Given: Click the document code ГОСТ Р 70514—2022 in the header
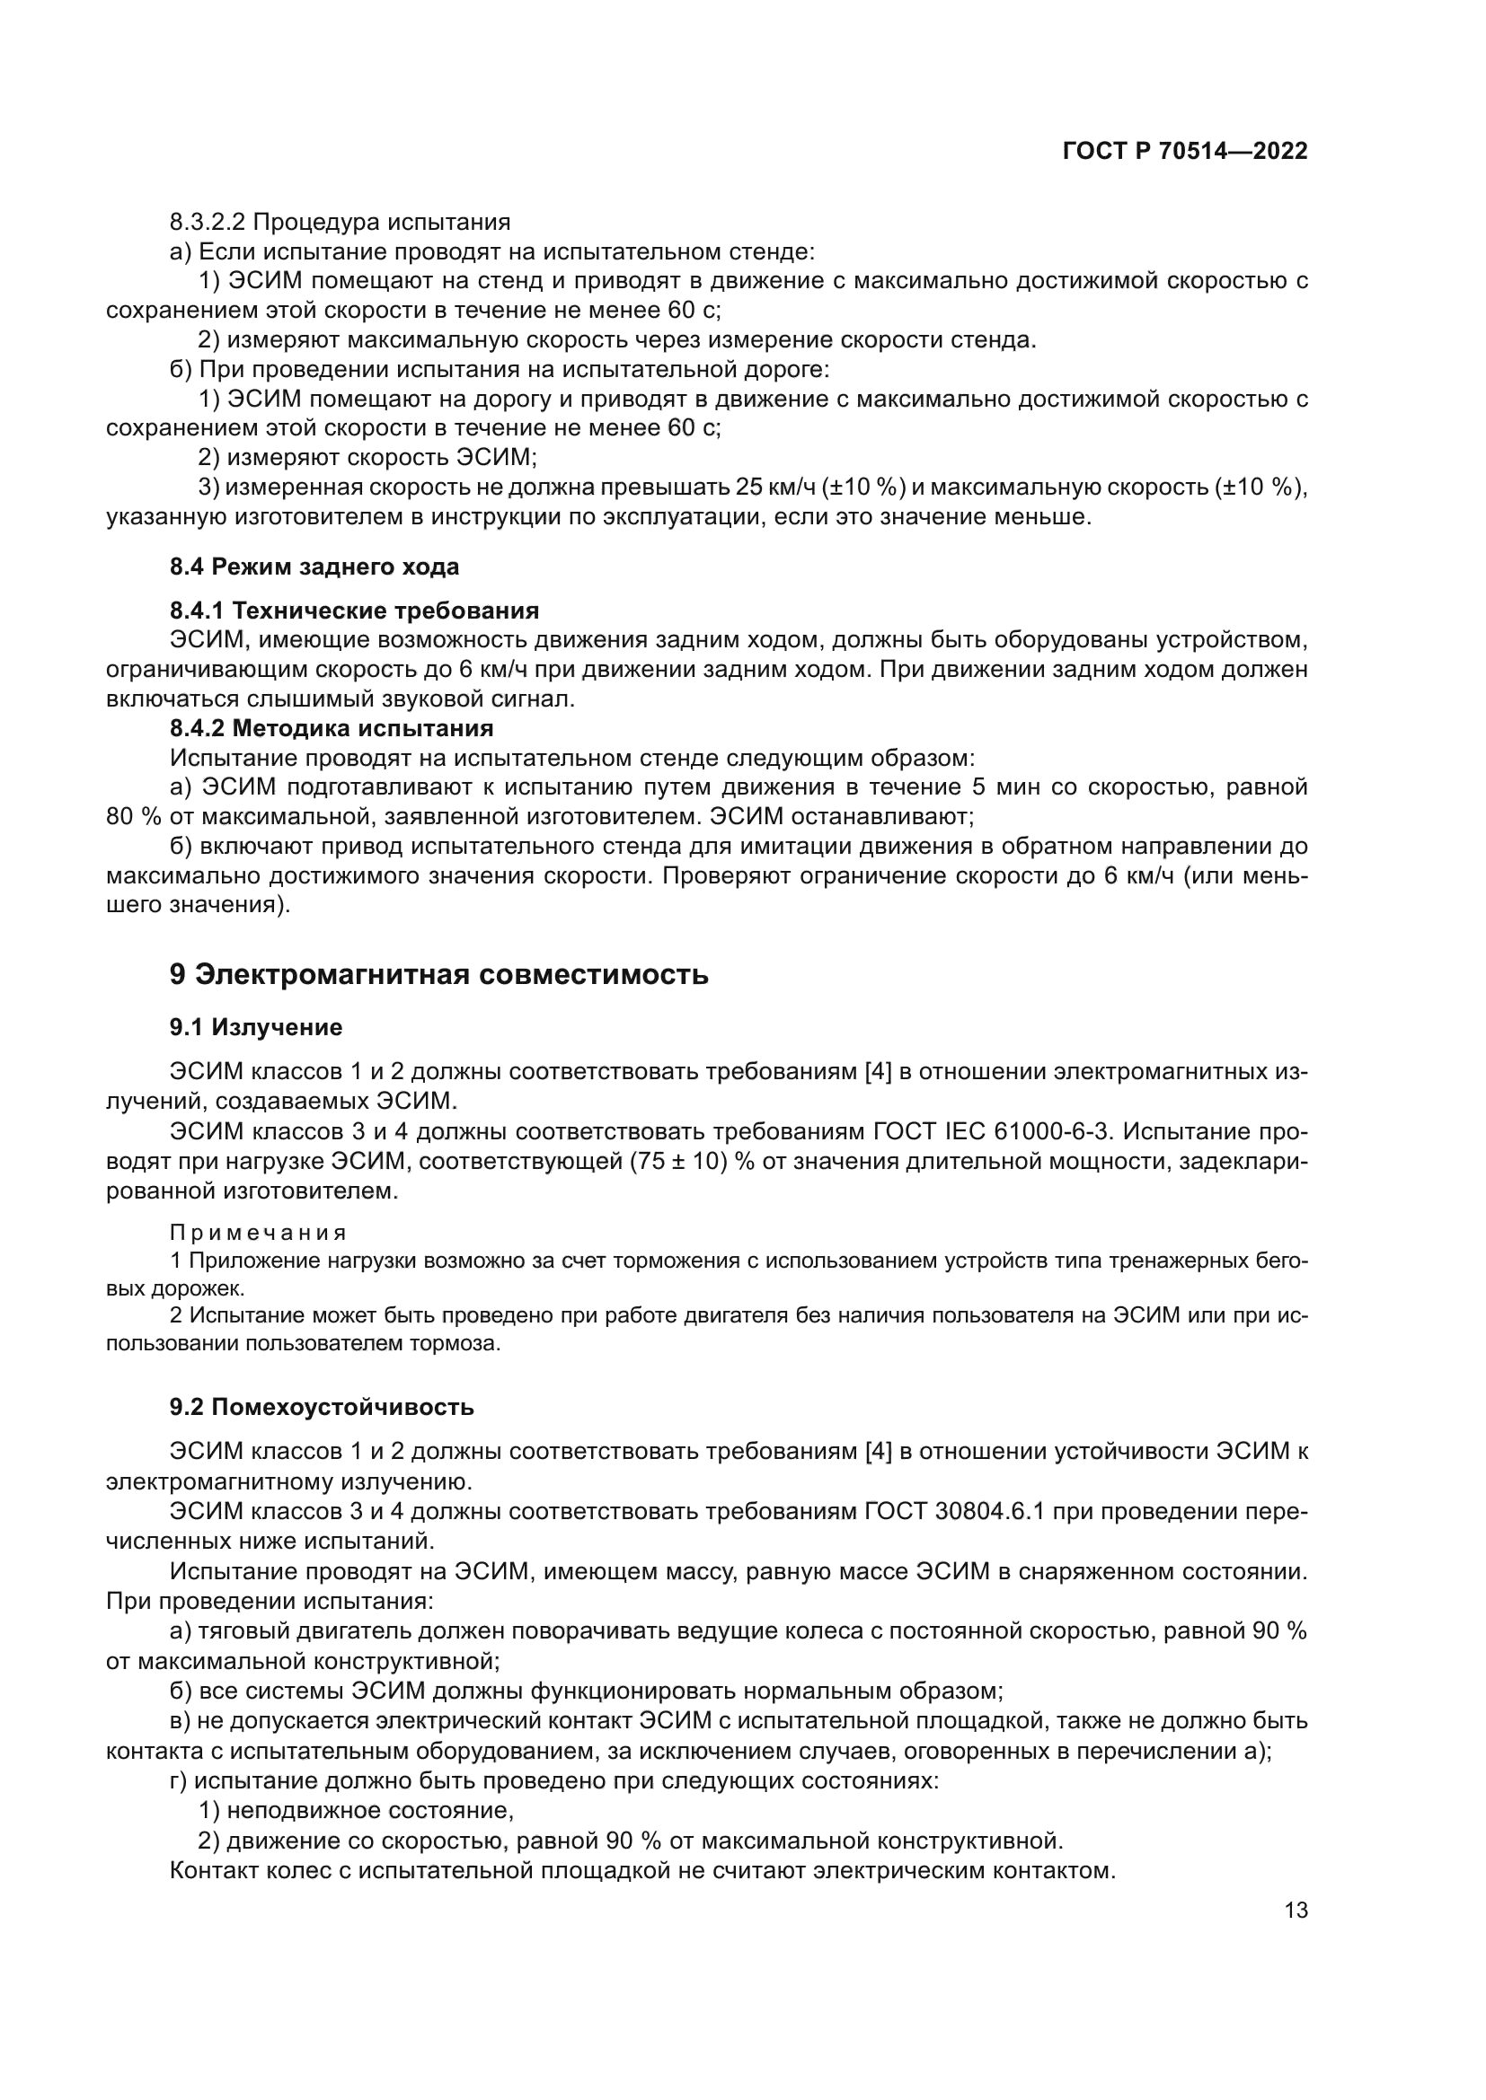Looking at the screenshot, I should pos(1185,152).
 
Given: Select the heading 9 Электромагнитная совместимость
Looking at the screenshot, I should pos(439,974).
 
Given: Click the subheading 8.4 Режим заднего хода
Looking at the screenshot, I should pos(314,567).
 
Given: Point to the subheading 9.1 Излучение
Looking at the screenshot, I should pos(256,1027).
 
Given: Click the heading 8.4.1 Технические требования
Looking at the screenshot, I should pos(354,610).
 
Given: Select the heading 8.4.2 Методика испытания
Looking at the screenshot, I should pos(332,728).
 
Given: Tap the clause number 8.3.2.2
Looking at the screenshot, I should pos(207,223).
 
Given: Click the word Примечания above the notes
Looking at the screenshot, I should pos(259,1232).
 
